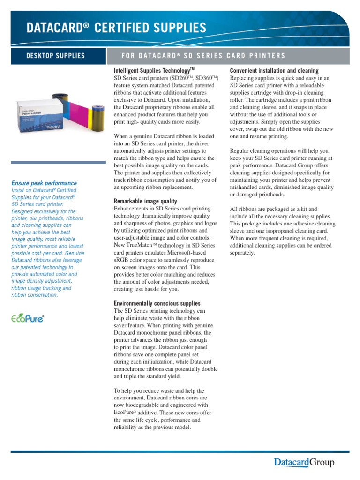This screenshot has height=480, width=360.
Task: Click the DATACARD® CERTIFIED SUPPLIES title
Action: (x=116, y=28)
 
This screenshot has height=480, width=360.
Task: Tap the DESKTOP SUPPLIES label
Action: (x=55, y=56)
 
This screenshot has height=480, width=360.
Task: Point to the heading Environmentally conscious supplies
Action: (x=157, y=304)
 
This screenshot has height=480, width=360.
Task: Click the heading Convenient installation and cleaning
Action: (x=277, y=70)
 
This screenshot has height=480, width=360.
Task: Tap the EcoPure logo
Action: (x=28, y=318)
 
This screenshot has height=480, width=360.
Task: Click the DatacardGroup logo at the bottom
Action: (x=304, y=463)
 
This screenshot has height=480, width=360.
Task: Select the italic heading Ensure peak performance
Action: (x=44, y=183)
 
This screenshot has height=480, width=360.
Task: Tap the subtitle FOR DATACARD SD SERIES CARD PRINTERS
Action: (x=202, y=56)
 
